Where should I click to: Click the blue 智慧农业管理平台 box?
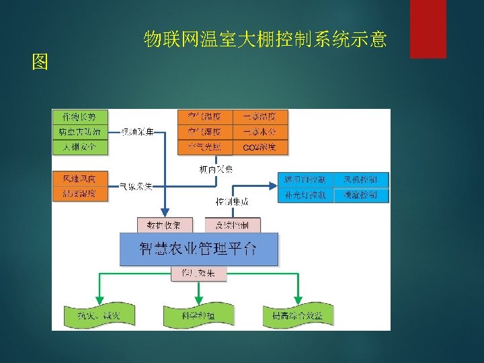point(198,249)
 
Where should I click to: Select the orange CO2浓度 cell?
point(259,147)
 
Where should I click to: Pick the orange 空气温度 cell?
point(204,117)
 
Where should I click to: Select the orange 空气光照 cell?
point(204,147)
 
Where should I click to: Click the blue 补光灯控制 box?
point(305,196)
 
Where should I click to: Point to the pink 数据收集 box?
point(165,225)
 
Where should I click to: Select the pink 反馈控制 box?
point(232,225)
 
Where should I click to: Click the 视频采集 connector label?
point(137,132)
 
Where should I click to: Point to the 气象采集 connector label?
point(135,185)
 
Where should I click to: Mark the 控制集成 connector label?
point(231,201)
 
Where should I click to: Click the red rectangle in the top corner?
point(428,28)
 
